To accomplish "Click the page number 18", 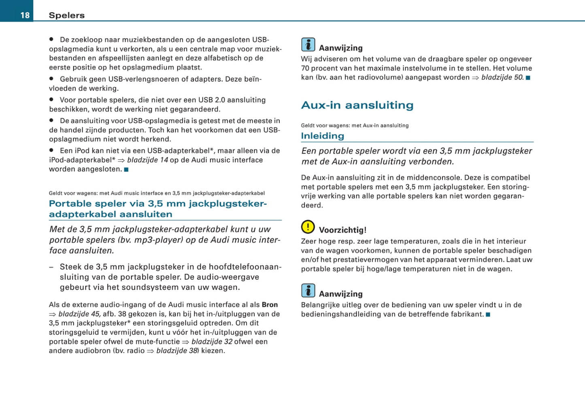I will [x=25, y=15].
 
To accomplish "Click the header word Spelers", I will [x=67, y=15].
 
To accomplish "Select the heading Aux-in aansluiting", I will [x=357, y=105].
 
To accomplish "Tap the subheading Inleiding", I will [x=322, y=136].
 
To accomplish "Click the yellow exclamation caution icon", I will [x=308, y=227].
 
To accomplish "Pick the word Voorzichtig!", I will [x=342, y=230].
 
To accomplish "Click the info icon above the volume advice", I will [x=308, y=45].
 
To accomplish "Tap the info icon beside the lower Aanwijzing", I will [x=308, y=291].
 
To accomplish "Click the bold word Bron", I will [x=270, y=304].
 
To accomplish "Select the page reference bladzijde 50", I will [x=502, y=77].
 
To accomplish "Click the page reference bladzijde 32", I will [x=212, y=342].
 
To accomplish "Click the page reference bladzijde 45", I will [x=79, y=314].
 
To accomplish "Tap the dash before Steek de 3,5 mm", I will [x=51, y=267].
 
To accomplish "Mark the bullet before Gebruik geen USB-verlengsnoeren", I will [x=51, y=79].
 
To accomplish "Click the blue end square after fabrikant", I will [x=488, y=315].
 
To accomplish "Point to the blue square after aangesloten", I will [x=126, y=169].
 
